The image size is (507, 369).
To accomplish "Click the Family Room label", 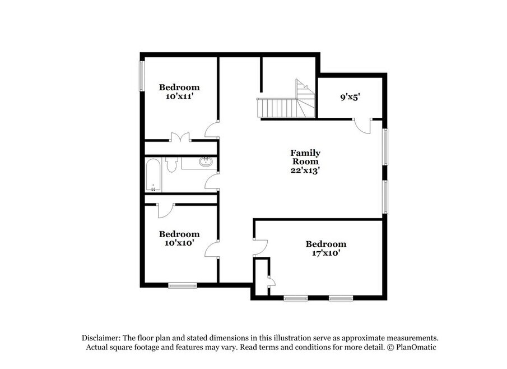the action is (x=305, y=157).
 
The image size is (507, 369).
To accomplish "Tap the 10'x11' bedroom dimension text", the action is (x=179, y=96).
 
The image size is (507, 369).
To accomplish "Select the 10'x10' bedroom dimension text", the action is (x=179, y=243).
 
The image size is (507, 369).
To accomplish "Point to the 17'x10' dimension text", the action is (x=326, y=253).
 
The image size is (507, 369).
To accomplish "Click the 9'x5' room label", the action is (x=350, y=97).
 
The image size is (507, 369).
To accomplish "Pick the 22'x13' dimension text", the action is (x=305, y=170).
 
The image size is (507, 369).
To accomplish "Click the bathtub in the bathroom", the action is (x=154, y=174).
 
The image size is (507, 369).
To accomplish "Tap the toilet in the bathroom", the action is (x=171, y=164).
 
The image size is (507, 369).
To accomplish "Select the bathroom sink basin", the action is (x=206, y=162).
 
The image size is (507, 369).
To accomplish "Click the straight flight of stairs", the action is (x=277, y=108).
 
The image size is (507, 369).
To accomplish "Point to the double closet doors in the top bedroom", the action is (x=180, y=137).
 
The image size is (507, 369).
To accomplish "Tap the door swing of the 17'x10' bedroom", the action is (x=261, y=248).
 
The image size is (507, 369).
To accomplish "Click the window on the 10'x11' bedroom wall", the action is (x=142, y=76).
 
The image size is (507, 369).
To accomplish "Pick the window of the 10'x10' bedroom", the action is (x=183, y=285).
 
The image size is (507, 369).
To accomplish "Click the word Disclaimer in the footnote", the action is (x=101, y=338).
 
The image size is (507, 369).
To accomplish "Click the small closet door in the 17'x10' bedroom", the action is (x=271, y=282).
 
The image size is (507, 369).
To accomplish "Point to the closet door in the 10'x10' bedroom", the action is (x=166, y=211).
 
